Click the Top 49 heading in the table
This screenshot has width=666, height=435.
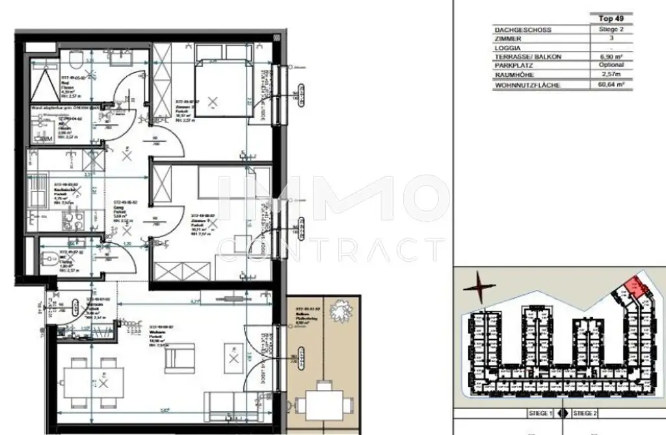[x=610, y=20]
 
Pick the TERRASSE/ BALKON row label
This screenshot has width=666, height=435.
[x=527, y=57]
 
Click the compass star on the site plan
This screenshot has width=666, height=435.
[x=479, y=286]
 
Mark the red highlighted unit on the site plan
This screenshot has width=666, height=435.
[x=637, y=288]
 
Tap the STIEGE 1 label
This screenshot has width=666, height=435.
[x=539, y=413]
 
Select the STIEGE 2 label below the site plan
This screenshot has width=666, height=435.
[x=585, y=413]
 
